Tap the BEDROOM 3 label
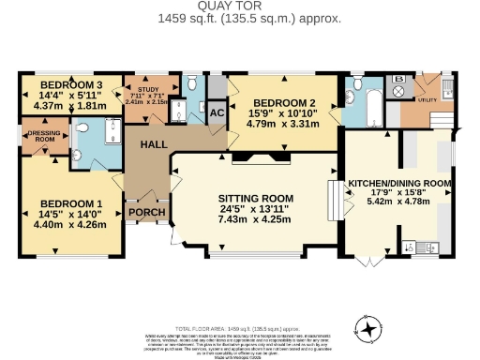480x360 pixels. coord(59,83)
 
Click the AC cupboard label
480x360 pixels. coord(216,112)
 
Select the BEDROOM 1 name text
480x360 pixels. coord(72,203)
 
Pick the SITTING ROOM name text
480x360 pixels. coord(256,198)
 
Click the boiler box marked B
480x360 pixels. coord(399,80)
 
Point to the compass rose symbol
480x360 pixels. coord(370,329)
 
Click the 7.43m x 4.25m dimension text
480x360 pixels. coord(256,219)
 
